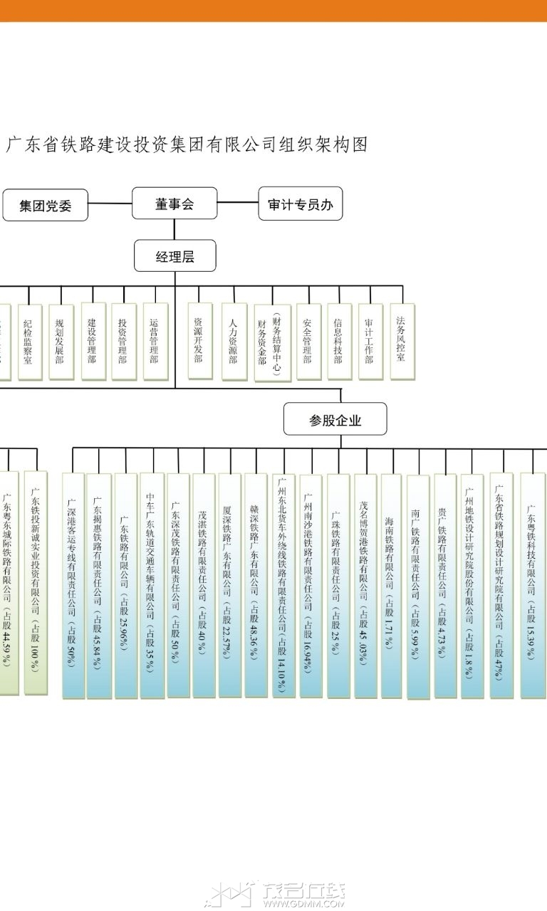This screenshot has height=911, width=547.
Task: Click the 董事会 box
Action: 174,204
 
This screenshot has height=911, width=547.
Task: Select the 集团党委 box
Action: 46,206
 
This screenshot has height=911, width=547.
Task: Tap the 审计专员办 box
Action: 300,205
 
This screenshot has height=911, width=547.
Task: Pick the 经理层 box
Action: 175,256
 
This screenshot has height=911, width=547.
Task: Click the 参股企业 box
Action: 335,420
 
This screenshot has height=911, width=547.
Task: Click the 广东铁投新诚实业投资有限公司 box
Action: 36,582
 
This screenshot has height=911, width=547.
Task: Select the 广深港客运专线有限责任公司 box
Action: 73,585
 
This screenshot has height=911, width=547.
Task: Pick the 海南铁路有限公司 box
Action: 390,585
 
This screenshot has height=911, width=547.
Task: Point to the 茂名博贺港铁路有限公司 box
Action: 365,585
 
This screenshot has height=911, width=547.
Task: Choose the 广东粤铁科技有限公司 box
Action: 532,585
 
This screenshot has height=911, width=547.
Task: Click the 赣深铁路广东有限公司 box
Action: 255,585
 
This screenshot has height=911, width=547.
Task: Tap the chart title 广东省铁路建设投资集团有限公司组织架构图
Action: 187,144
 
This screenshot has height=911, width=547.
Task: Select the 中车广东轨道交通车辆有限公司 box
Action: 151,585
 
